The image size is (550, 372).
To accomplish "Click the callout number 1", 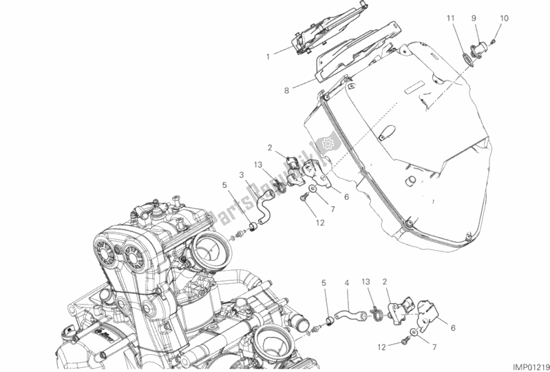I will pos(268,56).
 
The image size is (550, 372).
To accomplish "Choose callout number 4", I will pos(348,282).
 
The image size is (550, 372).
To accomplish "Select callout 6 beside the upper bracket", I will pos(346,197).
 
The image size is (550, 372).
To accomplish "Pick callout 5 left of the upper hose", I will pos(225,185).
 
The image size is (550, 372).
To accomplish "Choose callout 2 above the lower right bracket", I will pos(385,282).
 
